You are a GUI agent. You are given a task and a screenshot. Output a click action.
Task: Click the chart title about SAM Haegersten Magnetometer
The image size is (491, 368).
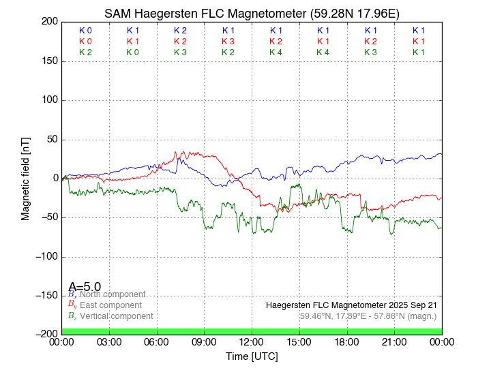pos(252,14)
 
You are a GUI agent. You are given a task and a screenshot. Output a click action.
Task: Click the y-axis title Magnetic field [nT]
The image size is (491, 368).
pos(25,177)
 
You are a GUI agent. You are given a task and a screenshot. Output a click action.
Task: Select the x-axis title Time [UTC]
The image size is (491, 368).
pos(252,356)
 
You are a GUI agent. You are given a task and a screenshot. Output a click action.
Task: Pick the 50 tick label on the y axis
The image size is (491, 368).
pos(51,140)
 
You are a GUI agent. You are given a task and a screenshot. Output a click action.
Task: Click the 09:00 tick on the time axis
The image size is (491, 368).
pos(204,341)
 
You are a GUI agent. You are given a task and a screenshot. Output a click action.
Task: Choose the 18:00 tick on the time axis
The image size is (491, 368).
pos(346,341)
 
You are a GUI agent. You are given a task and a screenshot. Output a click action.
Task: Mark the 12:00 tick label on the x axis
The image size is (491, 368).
pos(252,341)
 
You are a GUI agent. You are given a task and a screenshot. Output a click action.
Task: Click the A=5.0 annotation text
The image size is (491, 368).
pos(85,287)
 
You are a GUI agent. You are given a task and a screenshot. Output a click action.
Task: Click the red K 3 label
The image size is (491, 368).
pos(228,42)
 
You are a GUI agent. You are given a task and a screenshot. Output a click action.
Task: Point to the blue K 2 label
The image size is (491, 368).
pos(180,31)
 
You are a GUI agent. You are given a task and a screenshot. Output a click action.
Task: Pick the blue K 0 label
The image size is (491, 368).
pos(85,31)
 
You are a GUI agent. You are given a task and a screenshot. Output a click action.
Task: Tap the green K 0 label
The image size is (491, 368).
pos(132,52)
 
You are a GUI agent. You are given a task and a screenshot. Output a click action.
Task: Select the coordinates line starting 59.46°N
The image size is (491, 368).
pos(368,316)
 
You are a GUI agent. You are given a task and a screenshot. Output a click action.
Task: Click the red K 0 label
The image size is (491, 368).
pos(85,42)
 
